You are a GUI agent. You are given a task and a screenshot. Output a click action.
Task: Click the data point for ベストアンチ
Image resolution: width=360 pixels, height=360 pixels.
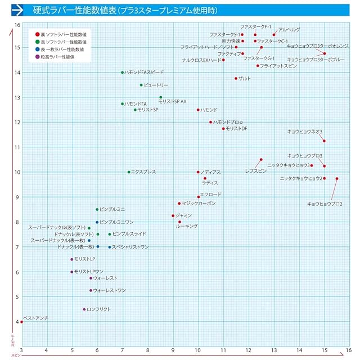coord(22,322)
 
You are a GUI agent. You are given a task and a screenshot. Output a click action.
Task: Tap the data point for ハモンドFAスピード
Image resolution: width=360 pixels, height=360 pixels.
coord(122,73)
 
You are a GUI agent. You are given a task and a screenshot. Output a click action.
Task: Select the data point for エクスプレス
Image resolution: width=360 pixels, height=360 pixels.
coord(129,172)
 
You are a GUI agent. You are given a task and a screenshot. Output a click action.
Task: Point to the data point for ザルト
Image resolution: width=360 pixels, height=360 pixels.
coord(236,79)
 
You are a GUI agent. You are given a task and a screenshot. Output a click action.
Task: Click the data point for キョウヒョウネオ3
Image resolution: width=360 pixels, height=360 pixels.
coord(324,141)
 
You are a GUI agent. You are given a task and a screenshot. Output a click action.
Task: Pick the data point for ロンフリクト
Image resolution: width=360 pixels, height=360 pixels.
coord(84,309)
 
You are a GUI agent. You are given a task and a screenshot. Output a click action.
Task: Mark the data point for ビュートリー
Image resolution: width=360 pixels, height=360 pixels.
coord(141,85)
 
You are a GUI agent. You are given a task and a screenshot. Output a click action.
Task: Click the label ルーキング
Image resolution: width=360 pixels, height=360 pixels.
coord(187,226)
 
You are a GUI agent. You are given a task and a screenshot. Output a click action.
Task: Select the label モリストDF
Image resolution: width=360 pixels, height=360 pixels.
coord(236,129)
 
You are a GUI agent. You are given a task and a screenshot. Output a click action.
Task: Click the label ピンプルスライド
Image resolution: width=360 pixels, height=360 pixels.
coord(129,234)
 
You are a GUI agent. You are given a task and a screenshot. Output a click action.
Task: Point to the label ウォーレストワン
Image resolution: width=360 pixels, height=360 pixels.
coord(110,290)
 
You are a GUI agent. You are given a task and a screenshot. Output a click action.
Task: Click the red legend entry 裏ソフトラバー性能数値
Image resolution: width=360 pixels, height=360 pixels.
coord(64,35)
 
